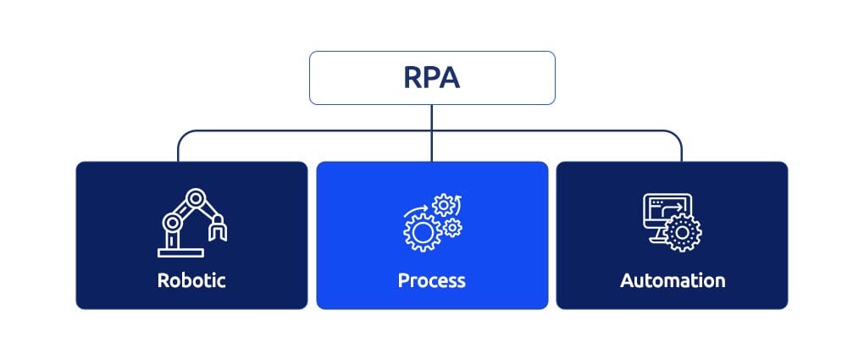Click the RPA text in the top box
click(x=431, y=78)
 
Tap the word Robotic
click(x=191, y=280)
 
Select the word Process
click(x=431, y=280)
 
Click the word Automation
click(x=673, y=280)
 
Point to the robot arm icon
click(x=192, y=223)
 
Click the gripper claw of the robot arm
click(x=218, y=228)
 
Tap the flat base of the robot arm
click(x=180, y=253)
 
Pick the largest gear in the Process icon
click(x=423, y=233)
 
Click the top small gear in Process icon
click(x=444, y=206)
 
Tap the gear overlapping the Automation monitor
click(x=683, y=233)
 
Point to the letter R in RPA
click(x=413, y=78)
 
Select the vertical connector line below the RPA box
click(x=431, y=133)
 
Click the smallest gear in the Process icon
click(x=452, y=227)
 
